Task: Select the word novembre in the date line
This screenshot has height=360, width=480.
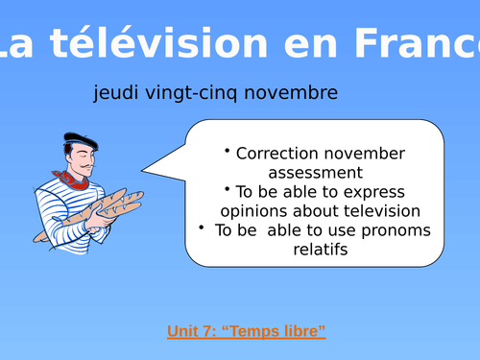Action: pos(293,93)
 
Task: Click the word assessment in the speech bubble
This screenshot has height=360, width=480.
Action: pos(315,173)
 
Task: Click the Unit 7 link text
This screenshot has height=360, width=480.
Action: pos(191,332)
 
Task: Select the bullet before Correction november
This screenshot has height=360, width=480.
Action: pos(228,151)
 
